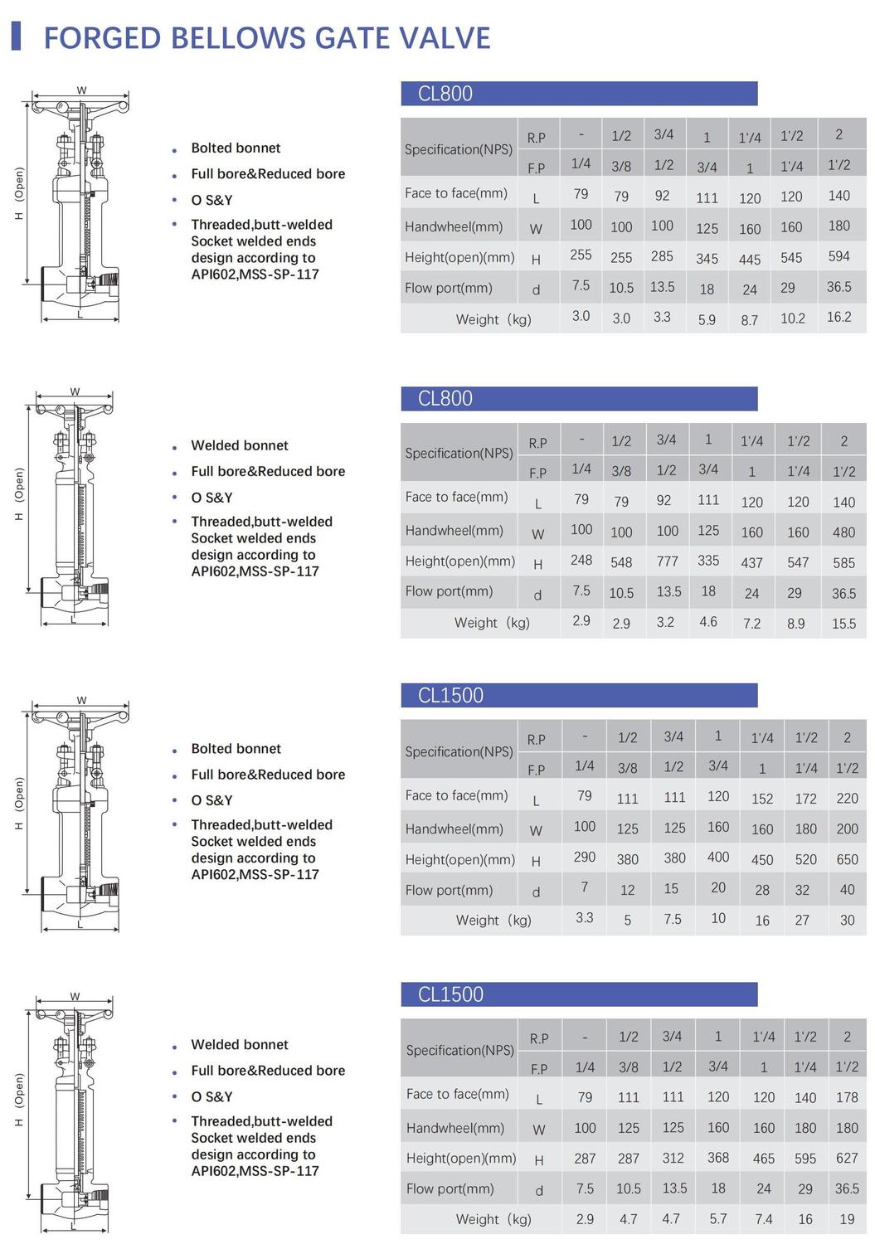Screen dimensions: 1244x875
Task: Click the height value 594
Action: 839,257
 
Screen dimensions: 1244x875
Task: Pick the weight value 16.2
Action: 839,318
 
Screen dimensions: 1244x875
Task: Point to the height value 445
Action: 750,260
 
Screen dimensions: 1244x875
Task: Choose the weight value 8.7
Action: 750,320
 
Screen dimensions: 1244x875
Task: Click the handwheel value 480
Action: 843,532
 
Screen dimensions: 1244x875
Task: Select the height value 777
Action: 667,561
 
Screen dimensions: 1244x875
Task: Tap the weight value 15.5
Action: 843,624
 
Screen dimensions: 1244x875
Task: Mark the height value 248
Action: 581,561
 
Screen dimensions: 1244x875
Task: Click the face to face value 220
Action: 847,798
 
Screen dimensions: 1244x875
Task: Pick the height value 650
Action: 847,859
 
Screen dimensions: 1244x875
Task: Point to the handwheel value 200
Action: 847,829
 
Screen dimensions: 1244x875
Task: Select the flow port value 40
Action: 847,890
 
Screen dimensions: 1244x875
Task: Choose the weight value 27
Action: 802,921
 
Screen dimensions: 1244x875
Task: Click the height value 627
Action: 847,1159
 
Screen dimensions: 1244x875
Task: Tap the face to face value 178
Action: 847,1097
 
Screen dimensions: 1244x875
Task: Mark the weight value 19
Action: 847,1219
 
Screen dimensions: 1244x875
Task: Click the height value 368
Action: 718,1158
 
